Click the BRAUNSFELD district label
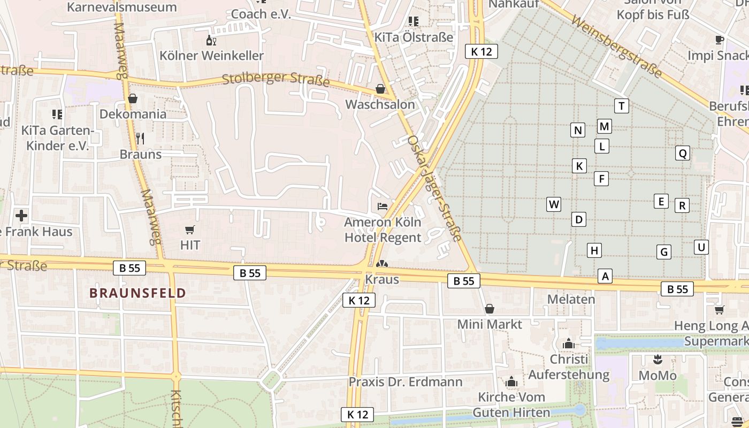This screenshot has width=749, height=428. pyautogui.click(x=137, y=293)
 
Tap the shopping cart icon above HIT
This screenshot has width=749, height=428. pyautogui.click(x=189, y=230)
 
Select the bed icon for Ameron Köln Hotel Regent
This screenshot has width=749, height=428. pyautogui.click(x=383, y=207)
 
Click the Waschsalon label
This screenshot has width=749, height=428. pyautogui.click(x=380, y=104)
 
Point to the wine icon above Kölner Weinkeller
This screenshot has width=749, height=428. pyautogui.click(x=211, y=41)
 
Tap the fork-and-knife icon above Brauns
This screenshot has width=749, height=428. pyautogui.click(x=140, y=139)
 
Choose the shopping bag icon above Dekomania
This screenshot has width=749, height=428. pyautogui.click(x=133, y=98)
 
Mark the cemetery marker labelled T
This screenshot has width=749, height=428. pyautogui.click(x=621, y=106)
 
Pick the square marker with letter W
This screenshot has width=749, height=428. pyautogui.click(x=554, y=204)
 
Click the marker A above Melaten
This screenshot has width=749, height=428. pyautogui.click(x=605, y=276)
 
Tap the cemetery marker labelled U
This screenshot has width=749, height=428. pyautogui.click(x=701, y=247)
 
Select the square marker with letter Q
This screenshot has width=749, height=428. pyautogui.click(x=682, y=154)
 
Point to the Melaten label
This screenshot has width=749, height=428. pyautogui.click(x=571, y=299)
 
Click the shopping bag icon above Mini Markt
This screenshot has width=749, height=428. pyautogui.click(x=489, y=309)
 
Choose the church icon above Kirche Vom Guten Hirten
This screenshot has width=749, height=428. pyautogui.click(x=511, y=382)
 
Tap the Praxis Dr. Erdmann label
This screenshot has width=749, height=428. pyautogui.click(x=406, y=382)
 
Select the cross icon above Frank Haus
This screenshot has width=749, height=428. pyautogui.click(x=21, y=216)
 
